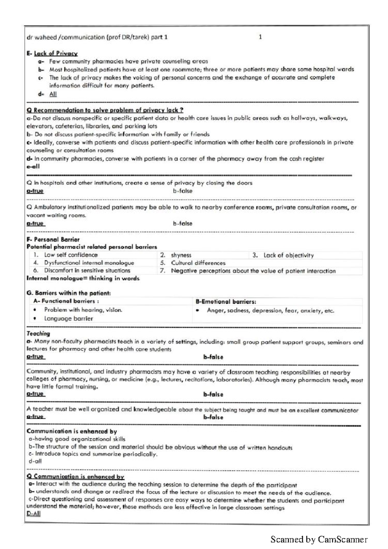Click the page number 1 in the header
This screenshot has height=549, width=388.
[x=260, y=37]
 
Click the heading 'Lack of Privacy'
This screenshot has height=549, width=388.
[x=56, y=53]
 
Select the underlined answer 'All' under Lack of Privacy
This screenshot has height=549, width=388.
[x=53, y=94]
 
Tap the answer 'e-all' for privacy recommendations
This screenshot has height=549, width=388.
[x=33, y=167]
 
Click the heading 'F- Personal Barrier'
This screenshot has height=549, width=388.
[x=53, y=239]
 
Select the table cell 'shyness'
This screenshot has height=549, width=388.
[x=181, y=255]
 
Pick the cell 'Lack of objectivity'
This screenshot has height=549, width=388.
[x=288, y=255]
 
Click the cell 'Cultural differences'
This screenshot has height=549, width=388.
[x=198, y=263]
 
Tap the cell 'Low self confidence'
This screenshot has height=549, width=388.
[x=71, y=255]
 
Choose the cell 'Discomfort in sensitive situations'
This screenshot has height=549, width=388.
[x=87, y=270]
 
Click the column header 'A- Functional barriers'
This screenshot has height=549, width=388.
[x=66, y=301]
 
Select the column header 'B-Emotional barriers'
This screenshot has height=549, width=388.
[x=226, y=302]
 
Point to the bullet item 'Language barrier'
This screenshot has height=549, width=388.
[x=69, y=318]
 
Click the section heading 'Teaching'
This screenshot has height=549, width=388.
[x=38, y=333]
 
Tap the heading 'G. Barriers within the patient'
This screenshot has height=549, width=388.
[x=69, y=293]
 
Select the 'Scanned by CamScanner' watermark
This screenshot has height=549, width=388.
[x=319, y=539]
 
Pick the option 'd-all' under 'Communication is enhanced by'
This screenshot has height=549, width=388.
[x=35, y=461]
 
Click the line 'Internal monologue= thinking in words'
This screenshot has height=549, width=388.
[x=83, y=278]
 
